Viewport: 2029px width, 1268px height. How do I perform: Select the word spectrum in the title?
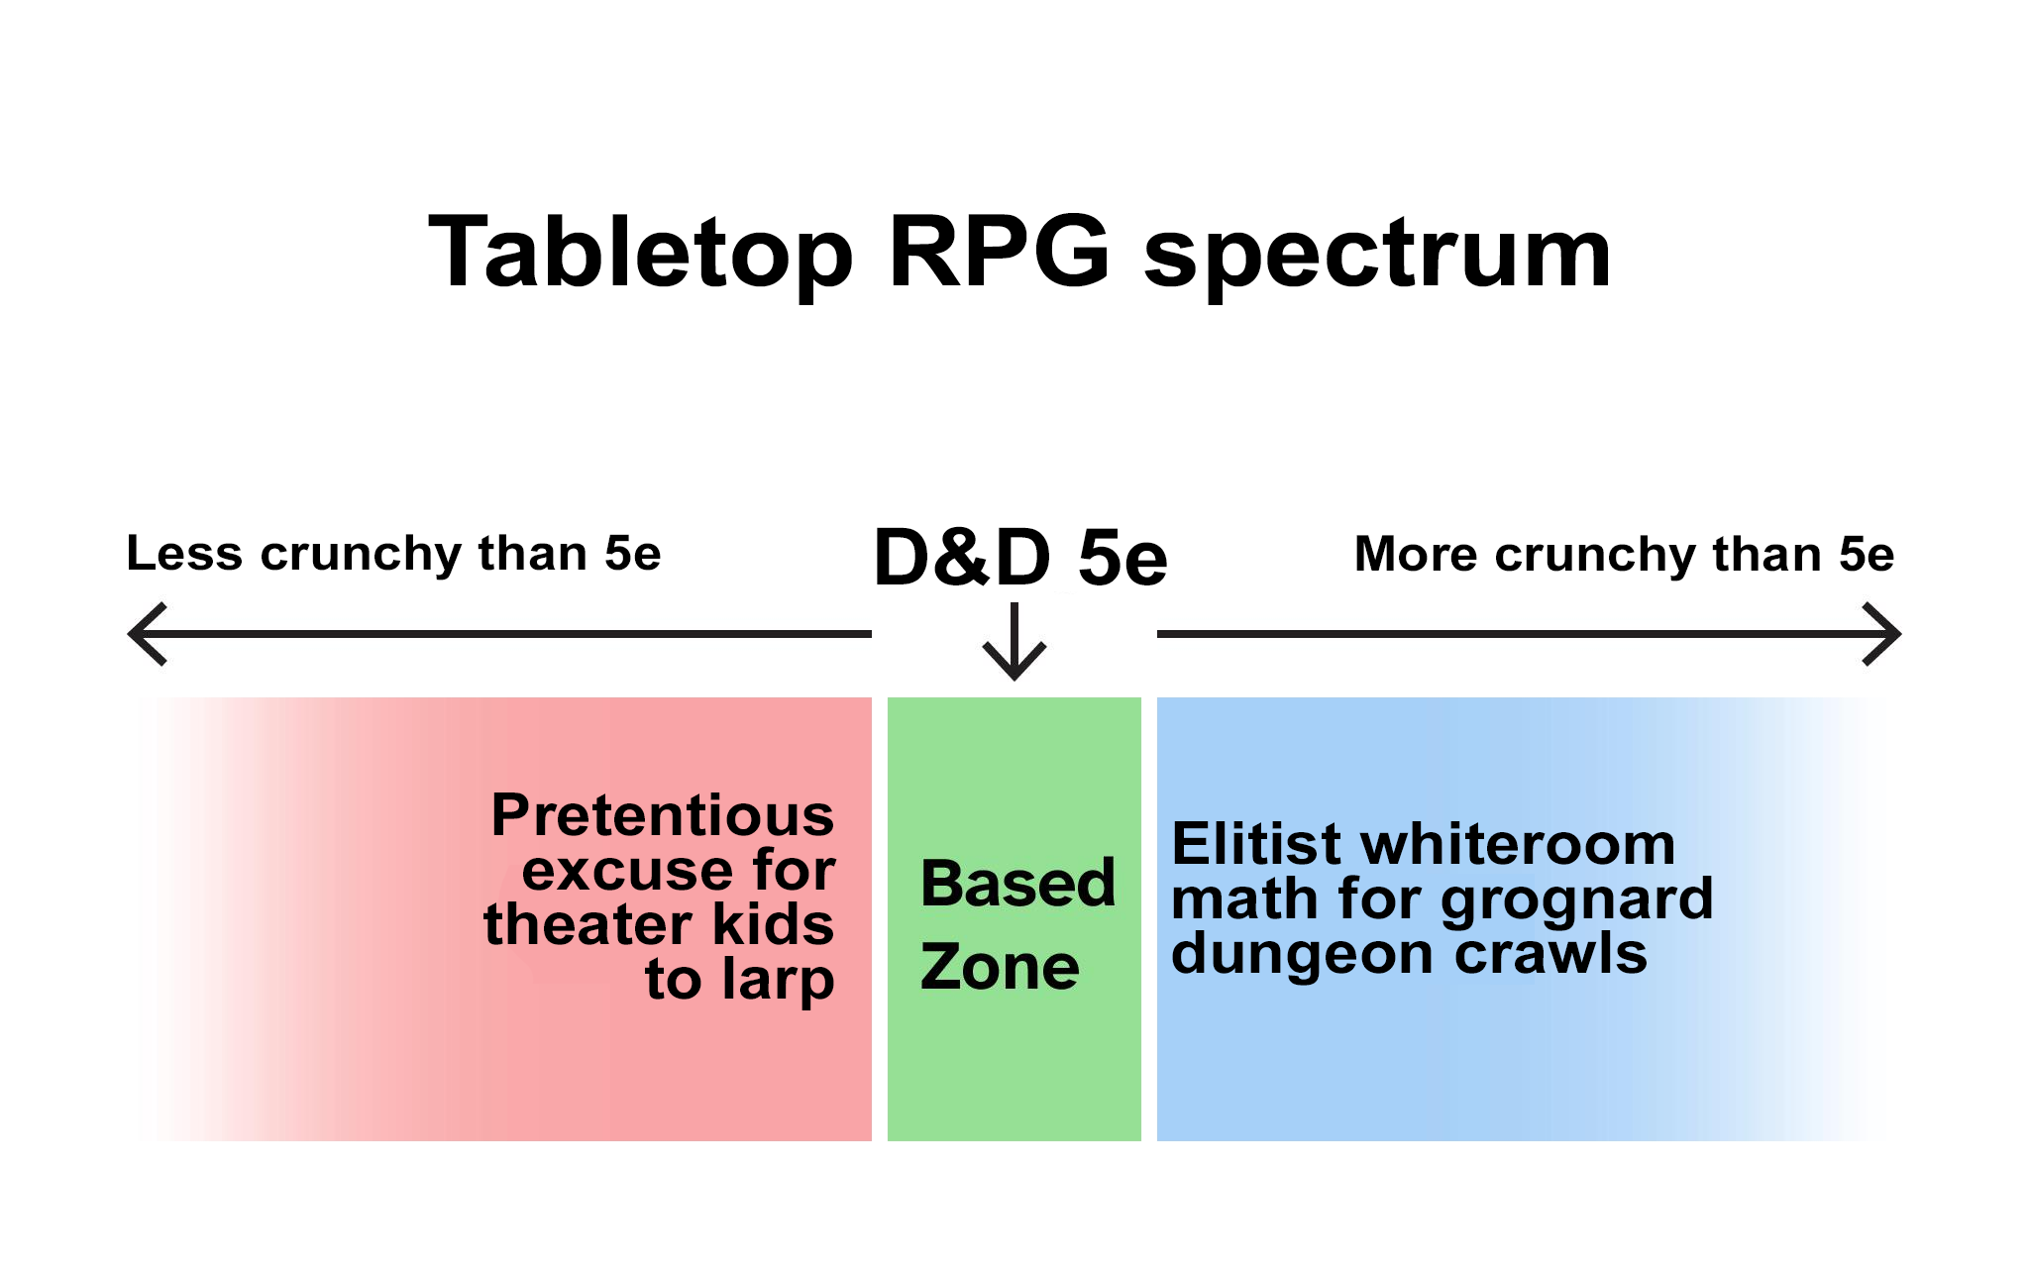coord(1378,258)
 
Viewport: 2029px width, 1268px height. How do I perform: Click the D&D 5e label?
coord(1020,557)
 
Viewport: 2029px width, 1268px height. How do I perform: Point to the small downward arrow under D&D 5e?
coord(1014,641)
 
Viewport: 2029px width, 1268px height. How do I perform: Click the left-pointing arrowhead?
coord(148,634)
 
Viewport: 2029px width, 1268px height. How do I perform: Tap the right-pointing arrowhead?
coord(1881,634)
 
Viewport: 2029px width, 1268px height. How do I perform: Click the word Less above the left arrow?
coord(184,553)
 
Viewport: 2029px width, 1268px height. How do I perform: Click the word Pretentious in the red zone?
coord(663,815)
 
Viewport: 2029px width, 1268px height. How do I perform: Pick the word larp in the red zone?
coord(778,981)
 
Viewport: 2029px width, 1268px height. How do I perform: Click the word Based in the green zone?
coord(1017,883)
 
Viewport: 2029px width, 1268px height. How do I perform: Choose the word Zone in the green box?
coord(1000,967)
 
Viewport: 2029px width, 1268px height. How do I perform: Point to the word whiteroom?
coord(1518,844)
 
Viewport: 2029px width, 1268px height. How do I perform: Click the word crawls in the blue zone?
coord(1550,953)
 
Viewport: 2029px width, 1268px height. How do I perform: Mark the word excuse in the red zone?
coord(629,871)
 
